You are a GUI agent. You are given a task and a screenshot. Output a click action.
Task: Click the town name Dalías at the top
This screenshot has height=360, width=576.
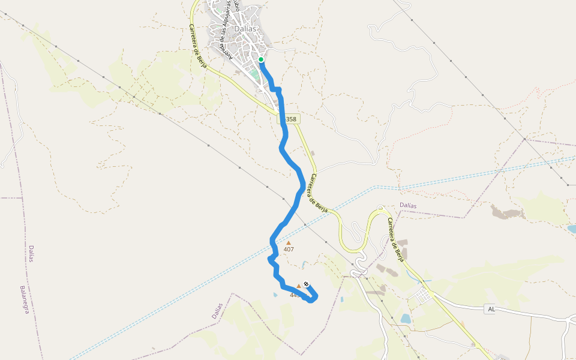tap(245, 28)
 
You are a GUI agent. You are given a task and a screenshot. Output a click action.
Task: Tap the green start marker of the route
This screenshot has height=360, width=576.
tap(261, 59)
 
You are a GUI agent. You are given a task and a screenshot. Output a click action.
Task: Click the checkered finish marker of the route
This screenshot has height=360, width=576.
tap(306, 284)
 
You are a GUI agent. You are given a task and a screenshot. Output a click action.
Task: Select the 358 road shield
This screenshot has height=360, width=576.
tap(289, 119)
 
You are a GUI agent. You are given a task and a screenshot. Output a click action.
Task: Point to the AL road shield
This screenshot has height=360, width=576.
tap(491, 309)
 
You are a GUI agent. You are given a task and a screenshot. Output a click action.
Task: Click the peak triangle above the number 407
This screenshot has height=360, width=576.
tap(289, 243)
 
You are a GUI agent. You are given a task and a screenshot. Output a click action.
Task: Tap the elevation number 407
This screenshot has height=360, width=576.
tap(289, 250)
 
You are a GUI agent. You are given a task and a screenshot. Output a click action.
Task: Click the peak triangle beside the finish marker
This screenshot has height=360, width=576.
tap(299, 286)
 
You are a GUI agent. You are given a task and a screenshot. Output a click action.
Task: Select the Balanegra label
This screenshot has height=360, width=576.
tap(25, 299)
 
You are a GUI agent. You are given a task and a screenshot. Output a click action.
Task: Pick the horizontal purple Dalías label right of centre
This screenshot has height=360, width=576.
tap(408, 205)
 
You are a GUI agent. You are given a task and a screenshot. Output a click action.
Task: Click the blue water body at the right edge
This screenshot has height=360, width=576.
tap(572, 229)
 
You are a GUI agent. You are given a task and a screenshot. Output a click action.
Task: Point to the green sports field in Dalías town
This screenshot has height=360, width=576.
tap(254, 74)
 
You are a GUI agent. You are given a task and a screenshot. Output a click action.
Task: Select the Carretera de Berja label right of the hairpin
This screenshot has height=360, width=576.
tap(395, 240)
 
